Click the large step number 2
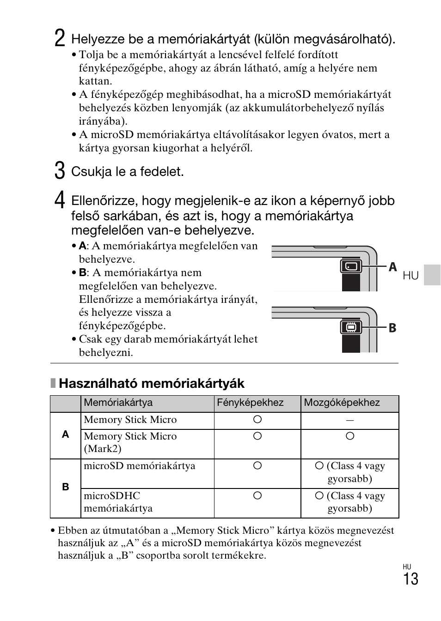coord(59,38)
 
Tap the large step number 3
coord(59,170)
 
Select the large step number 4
coord(59,200)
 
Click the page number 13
coord(410,579)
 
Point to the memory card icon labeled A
coord(351,266)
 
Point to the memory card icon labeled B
coord(351,327)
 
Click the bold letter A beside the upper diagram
coord(392,267)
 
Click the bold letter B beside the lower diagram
coord(392,328)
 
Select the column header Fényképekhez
coord(250,403)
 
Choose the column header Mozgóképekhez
coord(342,403)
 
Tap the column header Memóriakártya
coord(118,403)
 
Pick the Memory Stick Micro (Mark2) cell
coord(130,442)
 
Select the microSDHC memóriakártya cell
coord(118,502)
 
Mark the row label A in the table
coord(65,434)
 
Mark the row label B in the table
coord(65,487)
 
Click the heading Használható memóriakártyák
coord(152,383)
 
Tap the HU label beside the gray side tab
coord(410,276)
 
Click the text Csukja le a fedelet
coord(127,172)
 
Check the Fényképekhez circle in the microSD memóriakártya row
coord(257,465)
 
